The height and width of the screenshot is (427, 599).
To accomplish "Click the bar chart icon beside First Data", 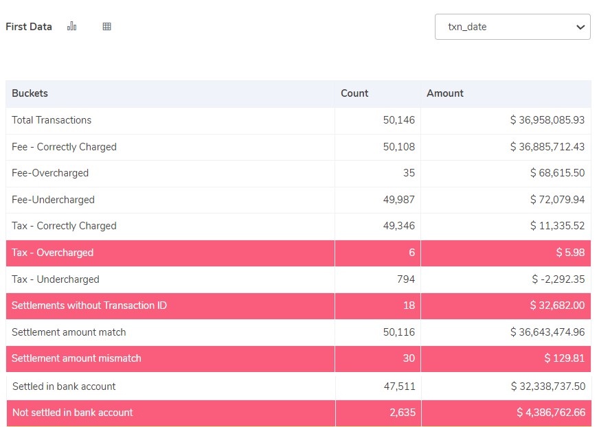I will coord(71,27).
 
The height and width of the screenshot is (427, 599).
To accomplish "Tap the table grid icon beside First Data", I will coord(106,27).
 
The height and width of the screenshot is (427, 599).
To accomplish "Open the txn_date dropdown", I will coord(512,27).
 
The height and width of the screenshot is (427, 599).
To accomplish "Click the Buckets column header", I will coord(30,93).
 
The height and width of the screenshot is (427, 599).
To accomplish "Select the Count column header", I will coord(354,93).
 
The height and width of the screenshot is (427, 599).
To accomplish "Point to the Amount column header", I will coord(445,93).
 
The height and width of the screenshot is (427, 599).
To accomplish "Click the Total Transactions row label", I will coord(52,120).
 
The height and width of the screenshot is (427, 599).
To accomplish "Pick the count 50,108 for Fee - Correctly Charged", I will coord(399,147).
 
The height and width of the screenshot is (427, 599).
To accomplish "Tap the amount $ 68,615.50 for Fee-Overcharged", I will coord(557,173).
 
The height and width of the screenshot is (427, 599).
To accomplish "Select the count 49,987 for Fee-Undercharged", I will coord(399,200).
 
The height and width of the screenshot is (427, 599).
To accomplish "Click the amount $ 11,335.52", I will coord(557,226).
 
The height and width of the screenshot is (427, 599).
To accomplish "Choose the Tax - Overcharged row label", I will coord(52,253).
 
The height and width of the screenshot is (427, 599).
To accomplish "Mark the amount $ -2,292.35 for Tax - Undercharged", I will coord(558,279).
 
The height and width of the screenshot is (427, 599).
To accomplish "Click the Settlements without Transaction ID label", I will coord(89,305).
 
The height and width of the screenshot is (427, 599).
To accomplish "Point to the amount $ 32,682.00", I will coord(557,305).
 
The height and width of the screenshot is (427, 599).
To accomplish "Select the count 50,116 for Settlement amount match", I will coord(399,332).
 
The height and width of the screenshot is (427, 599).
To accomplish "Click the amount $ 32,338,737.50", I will coord(548,386).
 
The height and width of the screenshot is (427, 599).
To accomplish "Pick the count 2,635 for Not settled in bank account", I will coord(402,413).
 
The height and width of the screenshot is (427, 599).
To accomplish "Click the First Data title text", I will coord(29,27).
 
